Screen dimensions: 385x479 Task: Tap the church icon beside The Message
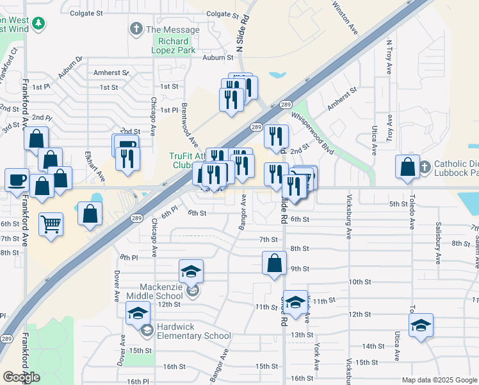(135, 29)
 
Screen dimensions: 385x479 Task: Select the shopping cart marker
(51, 225)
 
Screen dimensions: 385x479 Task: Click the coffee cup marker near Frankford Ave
(17, 180)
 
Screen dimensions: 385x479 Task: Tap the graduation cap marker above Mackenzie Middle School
(191, 271)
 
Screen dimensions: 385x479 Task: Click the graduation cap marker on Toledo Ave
(421, 325)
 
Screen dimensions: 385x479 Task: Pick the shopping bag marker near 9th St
(274, 263)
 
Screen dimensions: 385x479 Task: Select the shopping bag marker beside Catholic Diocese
(407, 167)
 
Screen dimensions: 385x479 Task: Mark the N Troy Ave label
(389, 58)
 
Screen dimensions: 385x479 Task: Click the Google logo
(21, 377)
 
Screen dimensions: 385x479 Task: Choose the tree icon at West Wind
(39, 24)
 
